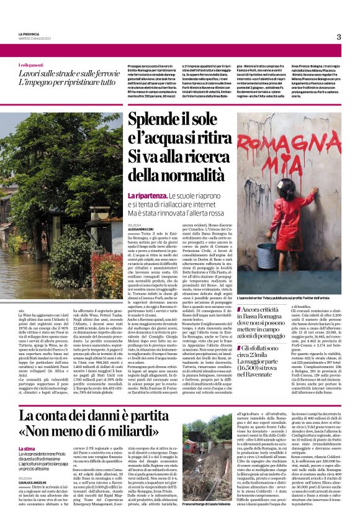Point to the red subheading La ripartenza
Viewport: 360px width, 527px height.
[147, 196]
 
